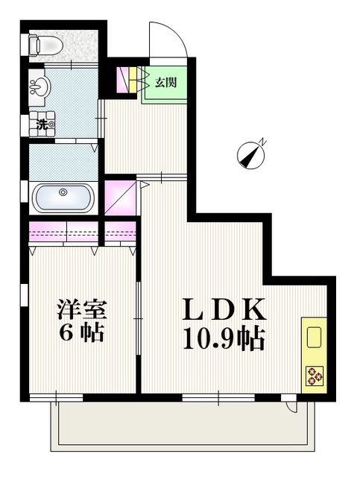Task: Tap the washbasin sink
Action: click(x=37, y=87)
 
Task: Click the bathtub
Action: click(x=63, y=199)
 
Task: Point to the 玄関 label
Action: click(x=165, y=82)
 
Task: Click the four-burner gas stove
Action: click(x=314, y=377)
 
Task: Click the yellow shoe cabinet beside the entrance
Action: click(x=133, y=80)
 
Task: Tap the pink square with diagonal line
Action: click(x=121, y=197)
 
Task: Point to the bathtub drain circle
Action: click(x=63, y=192)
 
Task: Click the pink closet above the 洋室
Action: click(x=64, y=233)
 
